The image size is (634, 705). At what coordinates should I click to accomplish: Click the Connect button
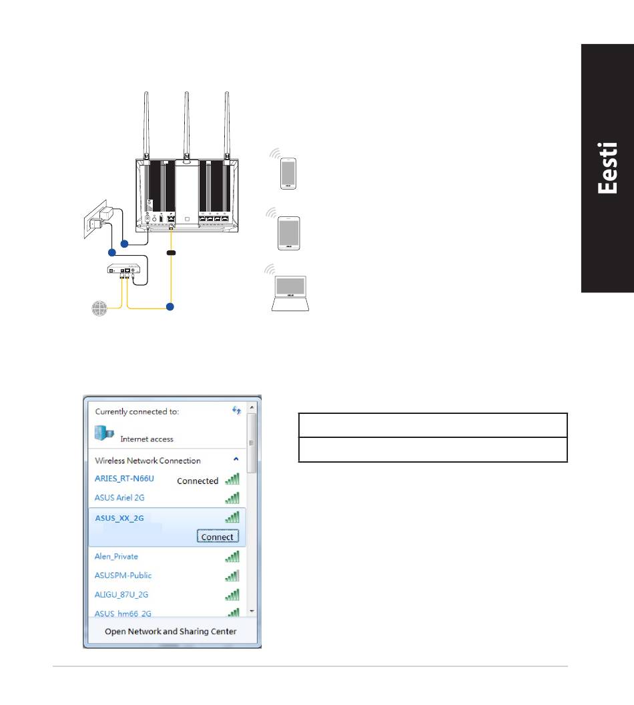tap(218, 537)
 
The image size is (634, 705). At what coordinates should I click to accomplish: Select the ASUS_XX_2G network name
tap(119, 517)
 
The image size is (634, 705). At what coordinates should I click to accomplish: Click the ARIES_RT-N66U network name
tap(125, 479)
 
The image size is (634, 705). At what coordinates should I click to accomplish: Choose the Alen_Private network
tap(116, 556)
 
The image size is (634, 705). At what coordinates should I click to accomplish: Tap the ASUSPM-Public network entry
tap(123, 575)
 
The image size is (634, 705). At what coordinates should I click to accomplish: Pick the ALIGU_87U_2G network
tap(121, 594)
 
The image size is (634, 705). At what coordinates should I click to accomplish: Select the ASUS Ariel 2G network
tap(119, 497)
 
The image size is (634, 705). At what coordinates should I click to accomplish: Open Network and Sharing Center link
tap(171, 631)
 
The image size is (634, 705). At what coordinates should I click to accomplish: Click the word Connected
tap(198, 481)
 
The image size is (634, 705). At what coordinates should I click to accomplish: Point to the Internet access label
tap(147, 439)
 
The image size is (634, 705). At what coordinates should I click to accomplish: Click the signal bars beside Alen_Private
tap(232, 556)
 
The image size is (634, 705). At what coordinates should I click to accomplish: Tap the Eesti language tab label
tap(607, 168)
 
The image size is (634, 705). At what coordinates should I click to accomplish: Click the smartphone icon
tap(288, 174)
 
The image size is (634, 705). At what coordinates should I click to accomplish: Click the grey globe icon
tap(99, 308)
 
